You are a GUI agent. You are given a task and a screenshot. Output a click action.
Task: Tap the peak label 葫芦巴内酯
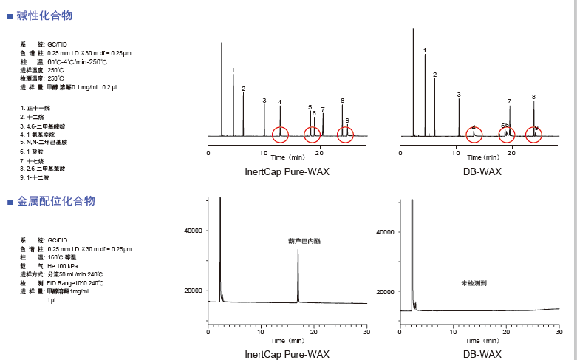(x=305, y=241)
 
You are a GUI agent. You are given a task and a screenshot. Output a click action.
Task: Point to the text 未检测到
(x=474, y=283)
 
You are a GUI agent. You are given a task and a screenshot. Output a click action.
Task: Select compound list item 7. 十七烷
(x=35, y=160)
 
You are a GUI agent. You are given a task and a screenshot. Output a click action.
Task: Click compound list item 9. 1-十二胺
(x=37, y=177)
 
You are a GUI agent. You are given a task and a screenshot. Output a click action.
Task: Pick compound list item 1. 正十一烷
(x=35, y=108)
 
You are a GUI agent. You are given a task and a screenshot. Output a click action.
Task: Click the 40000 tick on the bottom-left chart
(x=193, y=231)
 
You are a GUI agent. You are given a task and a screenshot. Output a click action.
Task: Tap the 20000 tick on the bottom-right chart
(x=385, y=292)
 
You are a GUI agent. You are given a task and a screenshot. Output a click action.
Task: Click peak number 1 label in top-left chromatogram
(x=233, y=71)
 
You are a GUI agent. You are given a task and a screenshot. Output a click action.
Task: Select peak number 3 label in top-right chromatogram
(x=459, y=95)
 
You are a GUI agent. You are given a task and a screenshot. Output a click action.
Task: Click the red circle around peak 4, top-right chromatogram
(x=474, y=135)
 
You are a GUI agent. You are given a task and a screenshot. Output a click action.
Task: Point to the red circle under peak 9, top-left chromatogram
(x=345, y=134)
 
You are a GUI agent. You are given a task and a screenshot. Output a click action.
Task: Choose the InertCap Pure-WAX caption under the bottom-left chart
(x=287, y=355)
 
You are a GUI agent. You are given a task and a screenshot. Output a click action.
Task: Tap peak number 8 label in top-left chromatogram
(x=343, y=101)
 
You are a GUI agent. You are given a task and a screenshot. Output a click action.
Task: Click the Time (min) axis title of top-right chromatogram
(x=480, y=157)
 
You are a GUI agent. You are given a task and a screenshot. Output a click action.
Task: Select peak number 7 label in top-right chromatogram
(x=509, y=101)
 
